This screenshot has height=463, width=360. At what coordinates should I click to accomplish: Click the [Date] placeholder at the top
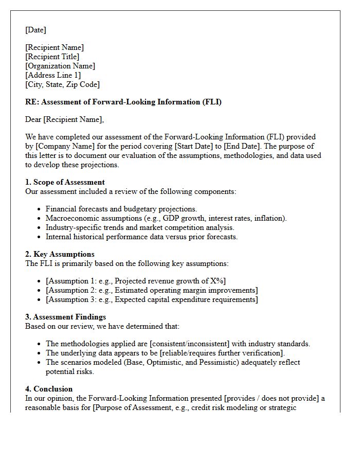[35, 30]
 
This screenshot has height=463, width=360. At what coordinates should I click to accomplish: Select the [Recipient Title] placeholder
[52, 57]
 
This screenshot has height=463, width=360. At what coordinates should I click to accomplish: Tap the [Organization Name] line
[60, 66]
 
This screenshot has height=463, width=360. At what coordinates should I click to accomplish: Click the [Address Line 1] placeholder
[53, 75]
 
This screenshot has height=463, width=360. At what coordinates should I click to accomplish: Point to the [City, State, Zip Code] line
[62, 84]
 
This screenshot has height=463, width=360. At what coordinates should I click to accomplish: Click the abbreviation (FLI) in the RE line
[212, 102]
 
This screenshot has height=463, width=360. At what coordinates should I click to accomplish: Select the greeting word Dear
[33, 119]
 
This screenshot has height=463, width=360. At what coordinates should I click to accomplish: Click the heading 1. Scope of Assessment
[65, 182]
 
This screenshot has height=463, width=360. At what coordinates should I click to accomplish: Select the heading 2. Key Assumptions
[60, 254]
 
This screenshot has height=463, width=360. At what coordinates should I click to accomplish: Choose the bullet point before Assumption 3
[40, 299]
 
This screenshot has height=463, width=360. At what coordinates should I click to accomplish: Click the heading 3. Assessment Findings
[65, 317]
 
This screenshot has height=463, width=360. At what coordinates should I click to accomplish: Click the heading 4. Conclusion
[49, 389]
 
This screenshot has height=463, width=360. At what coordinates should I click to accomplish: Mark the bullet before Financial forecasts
[40, 209]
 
